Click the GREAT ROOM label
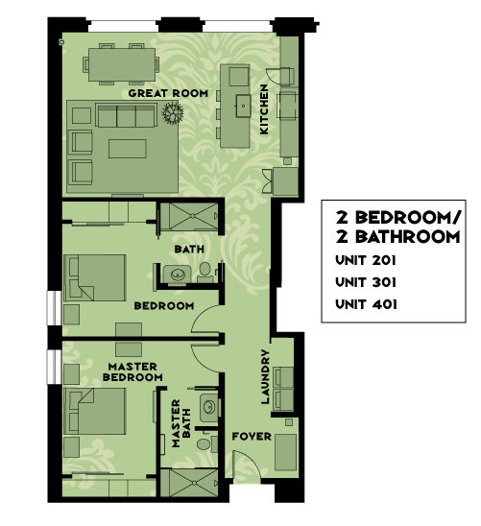point(168,93)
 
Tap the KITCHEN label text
point(264,109)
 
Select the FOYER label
point(252,437)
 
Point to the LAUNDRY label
point(265,376)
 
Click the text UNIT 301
point(366,282)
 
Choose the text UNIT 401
point(367,304)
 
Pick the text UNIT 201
point(366,260)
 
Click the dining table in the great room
point(122,64)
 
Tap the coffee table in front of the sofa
point(128,149)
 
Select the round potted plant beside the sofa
point(173,112)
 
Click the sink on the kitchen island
point(243,106)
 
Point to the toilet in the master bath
point(204,443)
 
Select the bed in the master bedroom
point(95,411)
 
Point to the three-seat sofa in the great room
point(127,115)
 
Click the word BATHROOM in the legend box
point(407,237)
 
